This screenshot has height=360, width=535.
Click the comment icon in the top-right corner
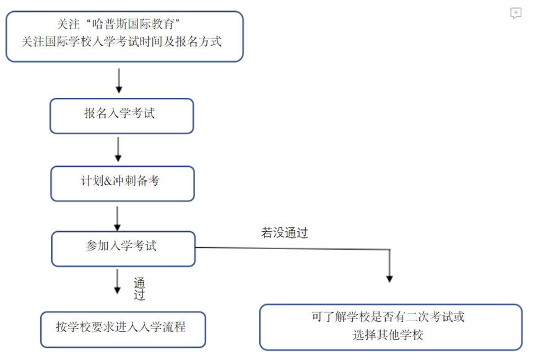(516, 13)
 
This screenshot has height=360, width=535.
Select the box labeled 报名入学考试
(121, 116)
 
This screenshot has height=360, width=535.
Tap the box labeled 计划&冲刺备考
(121, 183)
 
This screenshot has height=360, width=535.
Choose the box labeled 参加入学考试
(123, 248)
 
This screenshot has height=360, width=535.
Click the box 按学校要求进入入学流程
(123, 329)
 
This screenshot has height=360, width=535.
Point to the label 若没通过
(284, 234)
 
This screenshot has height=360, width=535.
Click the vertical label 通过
(139, 289)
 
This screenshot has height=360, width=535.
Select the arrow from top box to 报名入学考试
(118, 80)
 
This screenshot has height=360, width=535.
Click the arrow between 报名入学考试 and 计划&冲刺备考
(118, 149)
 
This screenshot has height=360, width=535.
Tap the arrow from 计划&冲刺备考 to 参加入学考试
(117, 217)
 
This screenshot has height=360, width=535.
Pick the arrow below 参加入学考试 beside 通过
(117, 282)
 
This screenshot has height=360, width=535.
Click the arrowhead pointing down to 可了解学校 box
(389, 277)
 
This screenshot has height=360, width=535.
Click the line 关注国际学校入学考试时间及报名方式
(122, 42)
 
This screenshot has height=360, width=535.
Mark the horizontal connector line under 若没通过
(291, 248)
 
